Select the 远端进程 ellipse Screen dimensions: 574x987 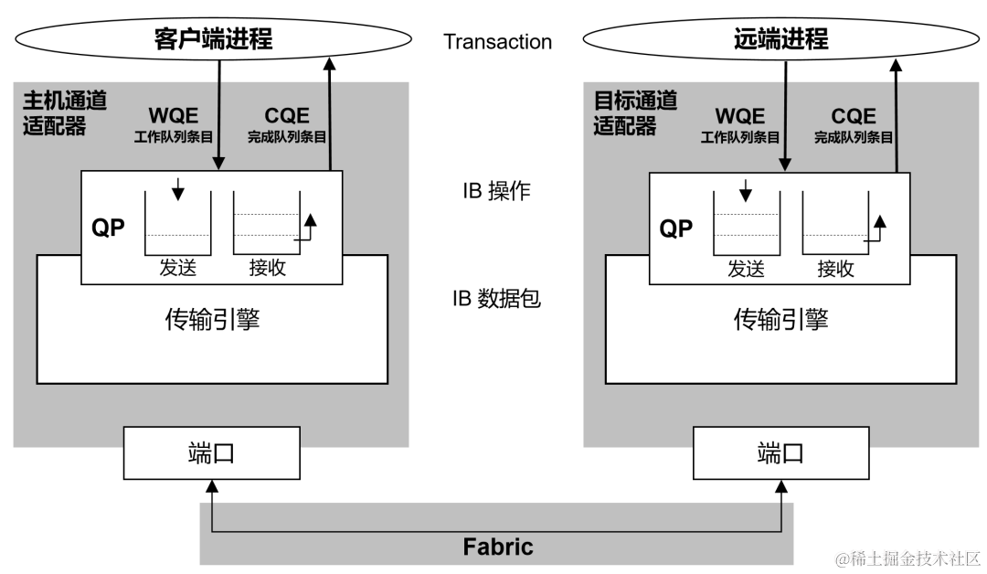(x=780, y=39)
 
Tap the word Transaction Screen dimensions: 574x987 (x=497, y=42)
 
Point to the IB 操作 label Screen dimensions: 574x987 (x=496, y=191)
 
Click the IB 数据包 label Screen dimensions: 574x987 (x=496, y=298)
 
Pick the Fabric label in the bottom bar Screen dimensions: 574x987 (x=498, y=547)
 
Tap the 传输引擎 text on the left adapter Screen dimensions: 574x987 (x=211, y=318)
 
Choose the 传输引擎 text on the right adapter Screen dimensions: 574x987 (x=780, y=318)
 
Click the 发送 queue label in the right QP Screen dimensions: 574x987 (x=746, y=268)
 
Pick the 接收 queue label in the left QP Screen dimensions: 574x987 (x=267, y=268)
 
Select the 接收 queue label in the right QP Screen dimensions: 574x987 (x=835, y=268)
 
